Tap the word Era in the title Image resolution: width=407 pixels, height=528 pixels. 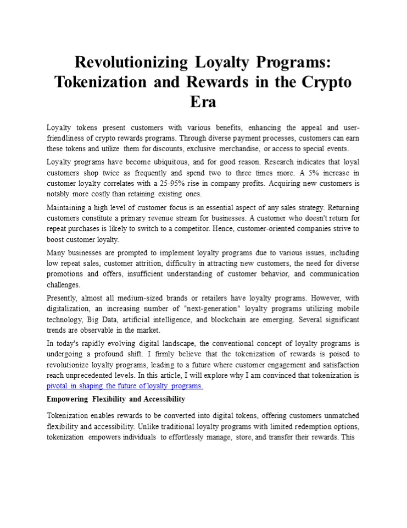click(203, 102)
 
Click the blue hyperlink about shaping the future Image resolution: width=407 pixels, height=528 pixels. click(125, 386)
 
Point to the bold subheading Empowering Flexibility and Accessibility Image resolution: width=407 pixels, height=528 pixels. click(116, 399)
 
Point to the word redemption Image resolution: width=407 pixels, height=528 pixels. click(293, 426)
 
